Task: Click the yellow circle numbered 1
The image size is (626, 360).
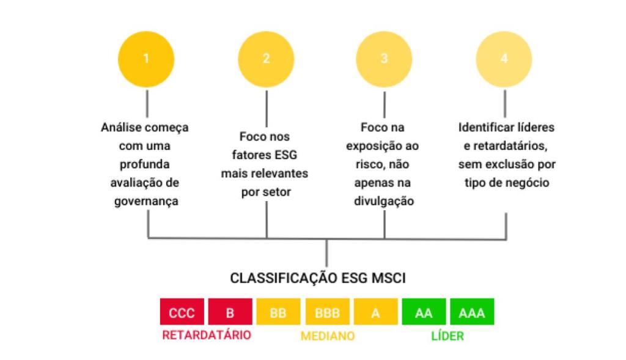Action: (146, 59)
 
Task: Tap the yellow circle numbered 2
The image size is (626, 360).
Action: (266, 59)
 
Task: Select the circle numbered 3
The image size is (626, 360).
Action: (384, 59)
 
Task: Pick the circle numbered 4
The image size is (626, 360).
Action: (504, 59)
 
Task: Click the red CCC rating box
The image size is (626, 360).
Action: (182, 314)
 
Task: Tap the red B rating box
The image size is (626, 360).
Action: (230, 314)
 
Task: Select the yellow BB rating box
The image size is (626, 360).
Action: (278, 314)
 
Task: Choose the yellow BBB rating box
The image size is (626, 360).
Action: (326, 314)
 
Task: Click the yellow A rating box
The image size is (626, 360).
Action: (375, 314)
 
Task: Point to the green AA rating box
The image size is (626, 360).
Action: (423, 314)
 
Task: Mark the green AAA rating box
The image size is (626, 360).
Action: (471, 314)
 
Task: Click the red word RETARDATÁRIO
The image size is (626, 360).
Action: (207, 336)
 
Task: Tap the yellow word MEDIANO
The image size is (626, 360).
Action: (327, 336)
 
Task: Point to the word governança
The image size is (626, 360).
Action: (145, 201)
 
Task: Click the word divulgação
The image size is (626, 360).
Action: (384, 201)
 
